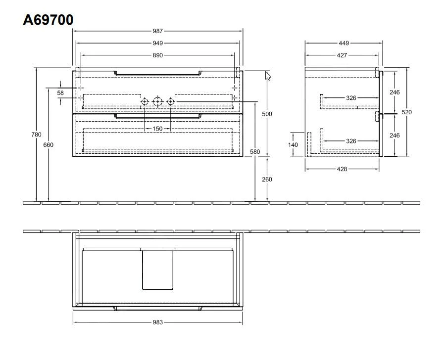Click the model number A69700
[48, 20]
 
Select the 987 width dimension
[158, 31]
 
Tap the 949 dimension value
[158, 44]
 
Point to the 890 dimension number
[158, 55]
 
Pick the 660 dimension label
[48, 145]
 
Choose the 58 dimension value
[60, 92]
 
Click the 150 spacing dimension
[157, 129]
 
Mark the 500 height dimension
[267, 114]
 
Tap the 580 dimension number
[255, 151]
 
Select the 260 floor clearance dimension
[267, 180]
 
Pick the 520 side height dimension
[406, 112]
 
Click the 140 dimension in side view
[294, 144]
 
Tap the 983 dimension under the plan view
[158, 322]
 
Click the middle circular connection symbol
[157, 102]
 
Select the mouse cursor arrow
[268, 76]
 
